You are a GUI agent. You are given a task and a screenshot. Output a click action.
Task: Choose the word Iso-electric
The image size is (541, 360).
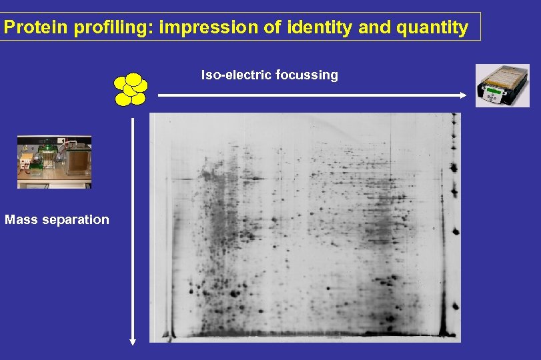coord(233,75)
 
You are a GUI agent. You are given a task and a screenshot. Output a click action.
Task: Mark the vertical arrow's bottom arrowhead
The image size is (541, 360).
coord(133,341)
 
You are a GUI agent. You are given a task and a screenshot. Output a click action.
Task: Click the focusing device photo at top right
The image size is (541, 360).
coord(502,85)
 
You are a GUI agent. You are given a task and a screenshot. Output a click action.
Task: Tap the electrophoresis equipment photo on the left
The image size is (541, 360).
coord(54,162)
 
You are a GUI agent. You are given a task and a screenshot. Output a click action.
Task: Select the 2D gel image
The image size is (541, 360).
coord(305,227)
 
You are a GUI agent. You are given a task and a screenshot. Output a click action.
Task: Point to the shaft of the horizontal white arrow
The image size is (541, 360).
coord(307,95)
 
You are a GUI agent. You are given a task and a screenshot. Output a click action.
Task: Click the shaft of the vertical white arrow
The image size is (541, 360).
coord(133,227)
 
